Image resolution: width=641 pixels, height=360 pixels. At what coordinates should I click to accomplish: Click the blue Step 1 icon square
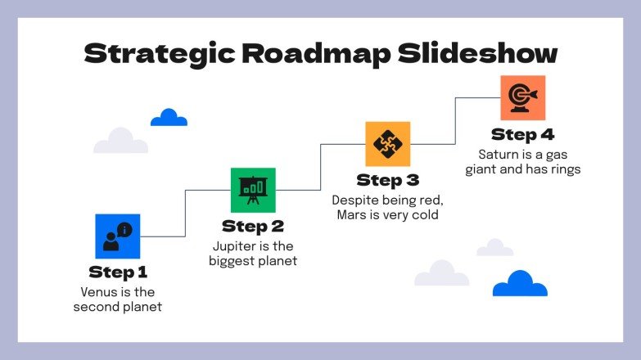pyautogui.click(x=117, y=236)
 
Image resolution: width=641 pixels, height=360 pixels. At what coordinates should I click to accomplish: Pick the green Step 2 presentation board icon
pyautogui.click(x=252, y=190)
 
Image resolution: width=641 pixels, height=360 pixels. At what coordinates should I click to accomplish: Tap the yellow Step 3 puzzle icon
pyautogui.click(x=387, y=144)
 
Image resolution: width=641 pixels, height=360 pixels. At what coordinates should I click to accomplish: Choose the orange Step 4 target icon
pyautogui.click(x=522, y=98)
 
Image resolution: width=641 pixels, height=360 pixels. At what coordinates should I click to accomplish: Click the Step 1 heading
pyautogui.click(x=117, y=272)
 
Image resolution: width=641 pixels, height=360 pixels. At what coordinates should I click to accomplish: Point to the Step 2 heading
pyautogui.click(x=252, y=226)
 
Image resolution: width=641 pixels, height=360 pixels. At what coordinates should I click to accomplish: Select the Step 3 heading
pyautogui.click(x=387, y=180)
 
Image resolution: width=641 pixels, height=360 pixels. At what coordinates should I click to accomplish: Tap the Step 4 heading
pyautogui.click(x=522, y=134)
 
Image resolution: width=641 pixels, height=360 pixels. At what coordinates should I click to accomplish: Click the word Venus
pyautogui.click(x=98, y=291)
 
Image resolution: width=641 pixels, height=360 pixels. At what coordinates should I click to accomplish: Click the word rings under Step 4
pyautogui.click(x=562, y=169)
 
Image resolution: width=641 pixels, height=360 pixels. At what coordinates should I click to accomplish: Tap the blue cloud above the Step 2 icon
pyautogui.click(x=169, y=119)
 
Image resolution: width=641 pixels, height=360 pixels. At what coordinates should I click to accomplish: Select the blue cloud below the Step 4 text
pyautogui.click(x=520, y=284)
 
